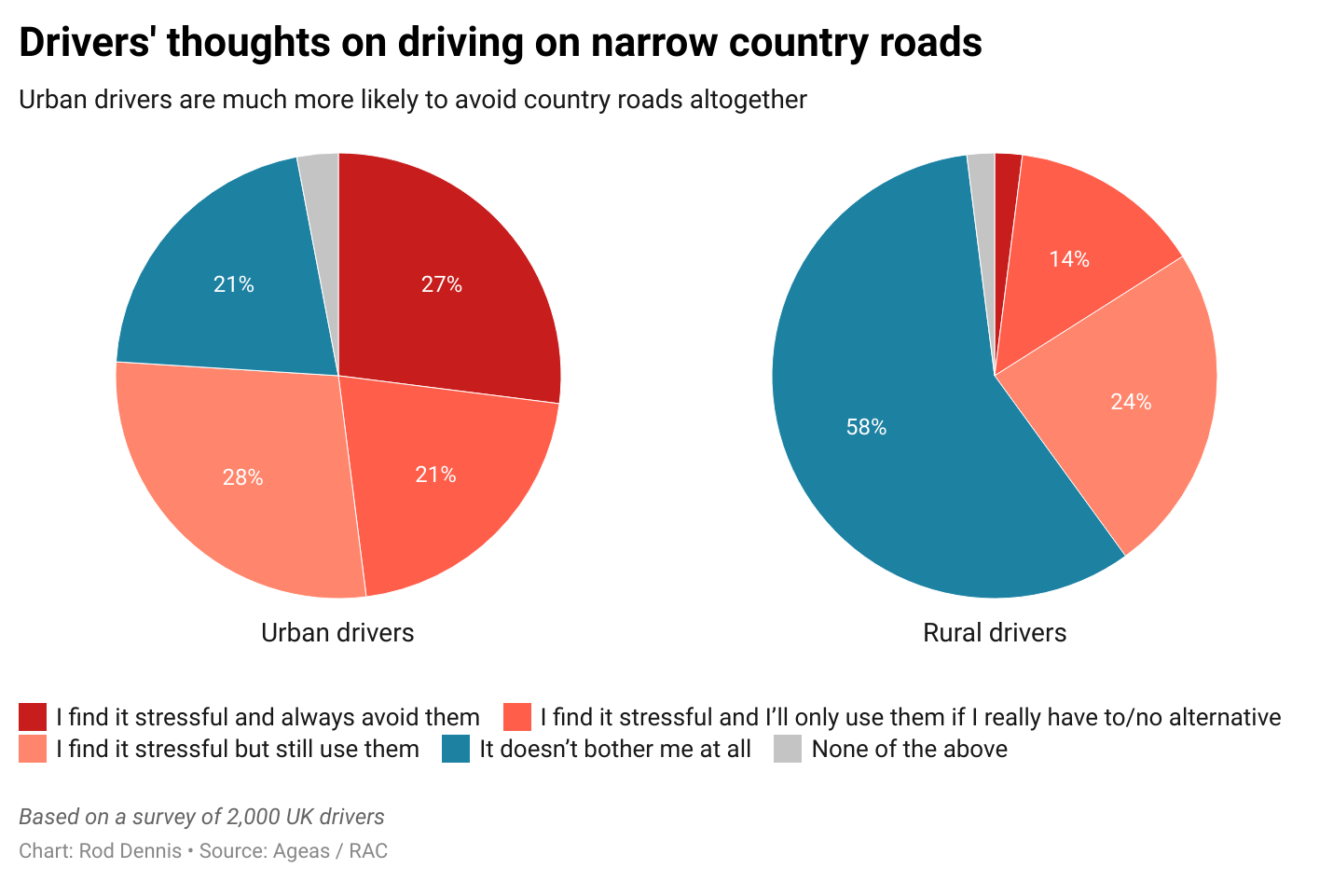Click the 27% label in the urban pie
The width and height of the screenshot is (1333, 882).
441,284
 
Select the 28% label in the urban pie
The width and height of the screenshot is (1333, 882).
242,477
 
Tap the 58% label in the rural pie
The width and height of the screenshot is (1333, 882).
866,427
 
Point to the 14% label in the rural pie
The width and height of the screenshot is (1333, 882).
1068,259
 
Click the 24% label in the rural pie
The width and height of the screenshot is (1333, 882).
1131,402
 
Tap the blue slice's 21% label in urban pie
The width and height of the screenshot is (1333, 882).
233,284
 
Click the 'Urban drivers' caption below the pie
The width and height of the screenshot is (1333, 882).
337,633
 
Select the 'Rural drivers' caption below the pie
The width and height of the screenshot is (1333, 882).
995,633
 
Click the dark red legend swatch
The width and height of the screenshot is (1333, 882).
33,717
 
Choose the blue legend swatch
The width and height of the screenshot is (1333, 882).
456,749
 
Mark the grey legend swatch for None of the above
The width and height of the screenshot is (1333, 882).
788,749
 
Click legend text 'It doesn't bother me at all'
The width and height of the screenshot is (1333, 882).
614,749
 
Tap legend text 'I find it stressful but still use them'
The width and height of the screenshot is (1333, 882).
237,749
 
